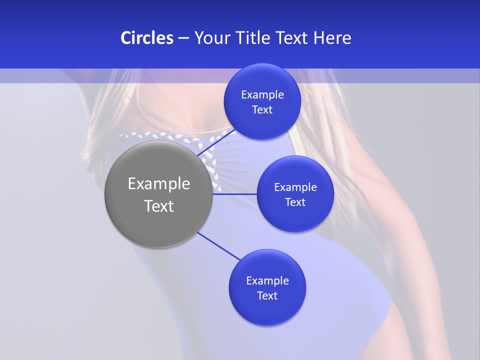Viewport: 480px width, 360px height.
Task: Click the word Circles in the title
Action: coord(146,38)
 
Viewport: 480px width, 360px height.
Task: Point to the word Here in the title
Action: coord(332,38)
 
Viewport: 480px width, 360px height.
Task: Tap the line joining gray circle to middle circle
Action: coord(235,193)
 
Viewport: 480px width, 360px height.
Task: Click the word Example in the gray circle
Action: coord(159,184)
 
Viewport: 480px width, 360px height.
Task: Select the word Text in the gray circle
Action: coord(159,206)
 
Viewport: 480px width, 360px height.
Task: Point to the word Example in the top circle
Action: coord(262,95)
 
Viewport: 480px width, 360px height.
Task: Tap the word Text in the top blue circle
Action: coord(262,110)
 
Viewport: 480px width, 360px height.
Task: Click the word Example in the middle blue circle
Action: coord(295,187)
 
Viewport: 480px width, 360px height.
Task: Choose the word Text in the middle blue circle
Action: coord(295,202)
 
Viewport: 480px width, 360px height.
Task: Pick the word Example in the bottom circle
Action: coord(267,281)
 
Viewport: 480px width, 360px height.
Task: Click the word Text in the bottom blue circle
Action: coord(267,296)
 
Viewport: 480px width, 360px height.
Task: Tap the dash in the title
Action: coord(183,38)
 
